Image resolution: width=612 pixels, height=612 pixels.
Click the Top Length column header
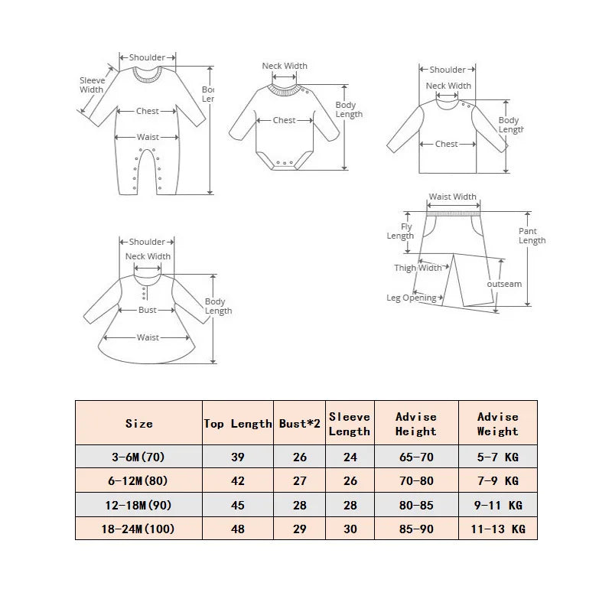(x=238, y=424)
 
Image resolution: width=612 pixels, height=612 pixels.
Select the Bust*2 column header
(x=299, y=424)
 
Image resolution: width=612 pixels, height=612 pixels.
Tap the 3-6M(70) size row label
(x=138, y=457)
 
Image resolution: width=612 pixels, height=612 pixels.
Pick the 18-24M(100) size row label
(x=138, y=529)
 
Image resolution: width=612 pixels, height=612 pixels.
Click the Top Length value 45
(x=238, y=505)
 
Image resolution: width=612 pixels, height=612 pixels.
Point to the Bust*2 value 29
(x=299, y=529)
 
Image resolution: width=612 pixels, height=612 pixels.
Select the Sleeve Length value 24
(x=350, y=457)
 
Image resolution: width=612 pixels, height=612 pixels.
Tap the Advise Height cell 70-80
(x=416, y=481)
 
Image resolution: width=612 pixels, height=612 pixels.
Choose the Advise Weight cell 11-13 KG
(x=498, y=529)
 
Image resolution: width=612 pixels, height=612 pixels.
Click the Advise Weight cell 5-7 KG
(x=498, y=457)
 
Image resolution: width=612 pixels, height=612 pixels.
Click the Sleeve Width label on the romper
(x=92, y=85)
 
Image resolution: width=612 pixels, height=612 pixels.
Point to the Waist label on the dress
(x=148, y=337)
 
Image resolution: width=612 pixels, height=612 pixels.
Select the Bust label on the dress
(x=147, y=310)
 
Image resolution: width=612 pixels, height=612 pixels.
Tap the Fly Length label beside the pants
(x=400, y=231)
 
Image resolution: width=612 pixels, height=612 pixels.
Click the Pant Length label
(x=532, y=236)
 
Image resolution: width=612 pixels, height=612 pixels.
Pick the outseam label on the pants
(x=504, y=284)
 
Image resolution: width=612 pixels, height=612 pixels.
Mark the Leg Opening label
(x=412, y=298)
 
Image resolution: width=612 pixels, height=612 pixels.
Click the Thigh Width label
(x=418, y=268)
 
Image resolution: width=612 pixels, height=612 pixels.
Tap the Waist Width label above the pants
(x=453, y=197)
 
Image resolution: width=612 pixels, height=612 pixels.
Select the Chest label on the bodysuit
(x=284, y=120)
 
